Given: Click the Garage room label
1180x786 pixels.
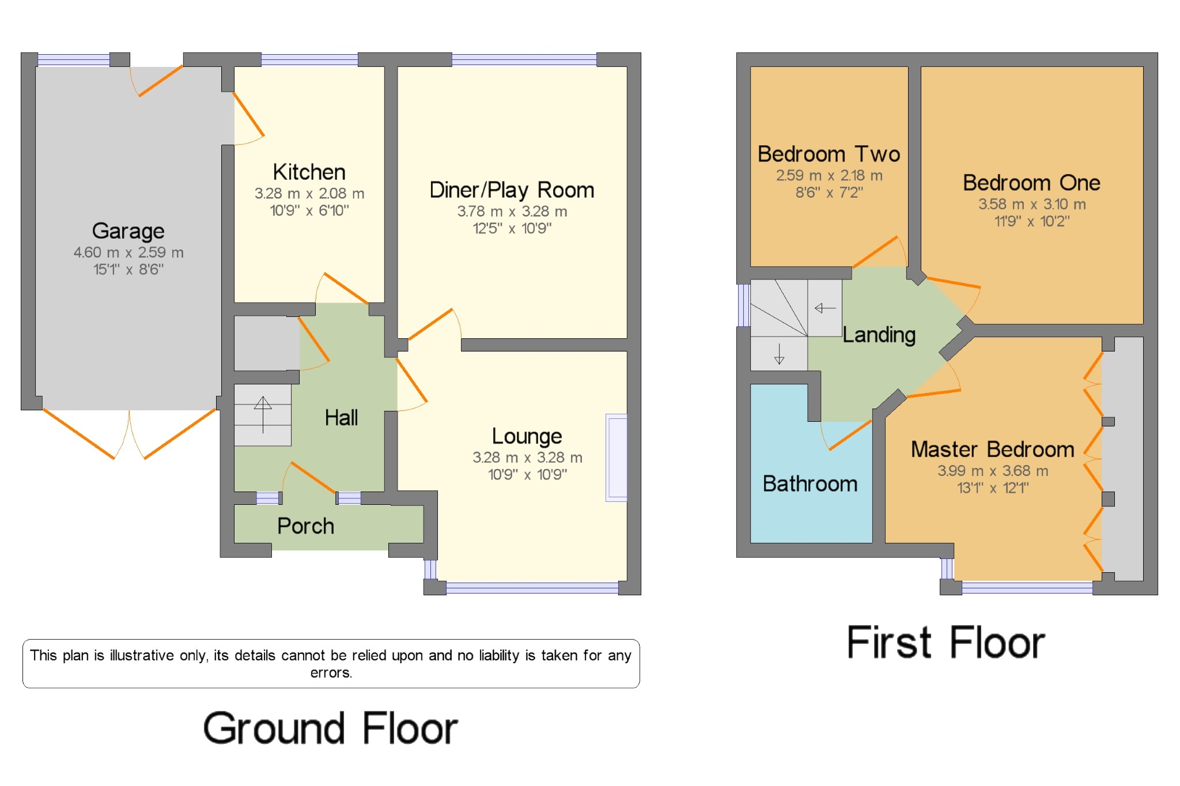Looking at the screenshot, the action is (x=128, y=231).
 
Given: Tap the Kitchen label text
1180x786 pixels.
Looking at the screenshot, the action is (x=309, y=172).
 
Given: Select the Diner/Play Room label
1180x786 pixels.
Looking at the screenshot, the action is (x=512, y=190).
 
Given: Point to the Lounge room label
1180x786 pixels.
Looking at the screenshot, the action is (x=527, y=436).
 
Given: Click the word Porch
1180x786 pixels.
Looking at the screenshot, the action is (x=305, y=526).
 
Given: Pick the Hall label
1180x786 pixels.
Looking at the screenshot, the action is (x=341, y=417).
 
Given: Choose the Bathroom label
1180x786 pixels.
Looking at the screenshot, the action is (x=810, y=484).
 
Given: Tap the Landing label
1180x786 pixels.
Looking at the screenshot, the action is (x=879, y=335).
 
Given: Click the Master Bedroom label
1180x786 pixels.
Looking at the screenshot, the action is (x=993, y=449).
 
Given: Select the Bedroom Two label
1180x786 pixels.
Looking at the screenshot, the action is (x=829, y=154).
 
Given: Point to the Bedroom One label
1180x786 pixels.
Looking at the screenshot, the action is (x=1031, y=183).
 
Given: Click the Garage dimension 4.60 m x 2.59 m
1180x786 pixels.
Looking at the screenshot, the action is (x=128, y=252).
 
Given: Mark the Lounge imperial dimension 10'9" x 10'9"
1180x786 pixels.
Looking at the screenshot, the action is (x=527, y=474).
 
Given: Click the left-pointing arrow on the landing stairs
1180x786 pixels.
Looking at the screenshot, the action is (x=825, y=308).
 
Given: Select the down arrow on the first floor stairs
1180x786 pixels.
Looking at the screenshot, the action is (x=779, y=354).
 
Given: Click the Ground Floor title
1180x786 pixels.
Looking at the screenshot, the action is (x=330, y=728).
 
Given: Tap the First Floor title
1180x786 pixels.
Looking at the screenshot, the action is (x=945, y=643).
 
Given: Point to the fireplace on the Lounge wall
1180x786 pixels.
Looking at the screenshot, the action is (x=616, y=458).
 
